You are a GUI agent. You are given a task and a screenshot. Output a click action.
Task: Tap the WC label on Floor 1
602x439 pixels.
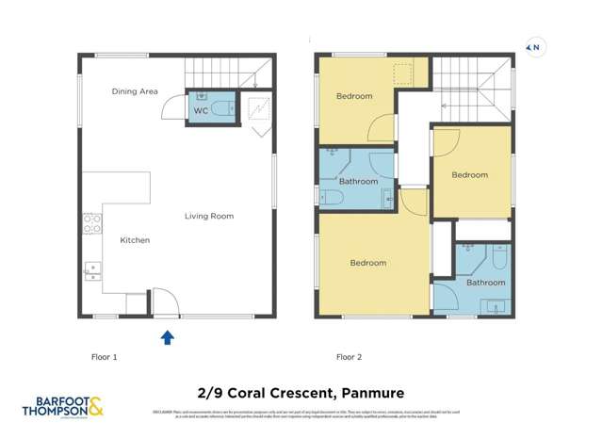(x=201, y=111)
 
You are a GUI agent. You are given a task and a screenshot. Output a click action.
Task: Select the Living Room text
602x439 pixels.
(x=208, y=217)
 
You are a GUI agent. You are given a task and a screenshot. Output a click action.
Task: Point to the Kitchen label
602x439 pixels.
(x=135, y=241)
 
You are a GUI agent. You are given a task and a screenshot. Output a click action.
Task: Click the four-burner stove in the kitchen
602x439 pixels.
(x=92, y=224)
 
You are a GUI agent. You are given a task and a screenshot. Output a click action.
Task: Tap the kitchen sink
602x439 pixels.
(x=92, y=270)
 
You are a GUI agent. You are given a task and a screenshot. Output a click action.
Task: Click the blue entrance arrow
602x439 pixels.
(x=167, y=337)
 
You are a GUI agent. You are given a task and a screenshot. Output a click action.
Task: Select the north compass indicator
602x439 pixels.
(x=533, y=46)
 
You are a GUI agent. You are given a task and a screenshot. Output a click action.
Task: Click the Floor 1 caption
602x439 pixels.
(x=102, y=357)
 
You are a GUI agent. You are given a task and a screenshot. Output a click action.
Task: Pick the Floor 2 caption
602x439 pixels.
(x=350, y=357)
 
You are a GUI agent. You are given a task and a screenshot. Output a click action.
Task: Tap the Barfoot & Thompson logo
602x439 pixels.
(x=62, y=408)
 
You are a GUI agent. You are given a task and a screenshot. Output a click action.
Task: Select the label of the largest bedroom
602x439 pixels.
(x=368, y=263)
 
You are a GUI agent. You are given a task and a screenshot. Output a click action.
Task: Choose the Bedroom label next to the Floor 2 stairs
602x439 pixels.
(x=469, y=175)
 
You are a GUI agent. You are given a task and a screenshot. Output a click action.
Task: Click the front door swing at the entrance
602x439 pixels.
(x=161, y=301)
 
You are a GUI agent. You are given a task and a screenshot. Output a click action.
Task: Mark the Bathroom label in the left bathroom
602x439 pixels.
(x=359, y=182)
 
